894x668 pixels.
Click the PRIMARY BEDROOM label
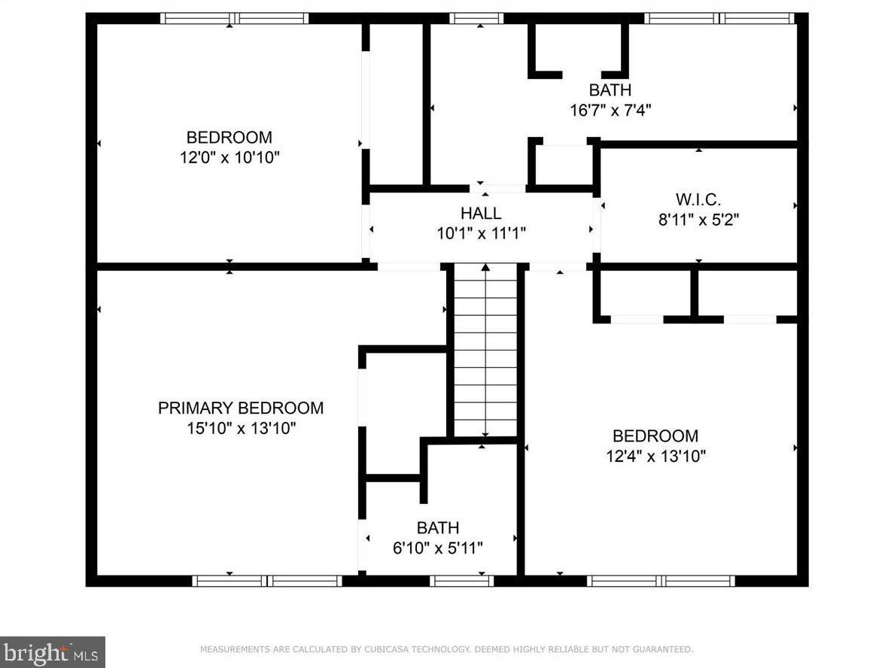pyautogui.click(x=241, y=408)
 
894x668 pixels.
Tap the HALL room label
pyautogui.click(x=481, y=213)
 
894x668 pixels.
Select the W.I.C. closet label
pyautogui.click(x=698, y=199)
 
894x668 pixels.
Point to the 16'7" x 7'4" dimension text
pyautogui.click(x=610, y=110)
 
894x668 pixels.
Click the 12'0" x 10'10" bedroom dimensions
pyautogui.click(x=230, y=157)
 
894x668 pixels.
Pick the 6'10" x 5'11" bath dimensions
pyautogui.click(x=438, y=548)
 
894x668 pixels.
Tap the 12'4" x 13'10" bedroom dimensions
pyautogui.click(x=655, y=456)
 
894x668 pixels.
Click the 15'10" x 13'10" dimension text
pyautogui.click(x=241, y=428)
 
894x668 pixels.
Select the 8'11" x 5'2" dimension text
pyautogui.click(x=698, y=220)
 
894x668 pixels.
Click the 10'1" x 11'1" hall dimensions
pyautogui.click(x=481, y=233)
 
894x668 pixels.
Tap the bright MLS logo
pyautogui.click(x=53, y=652)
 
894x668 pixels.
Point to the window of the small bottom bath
pyautogui.click(x=461, y=581)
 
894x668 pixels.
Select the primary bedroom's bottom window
pyautogui.click(x=267, y=581)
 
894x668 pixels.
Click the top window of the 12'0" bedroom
pyautogui.click(x=234, y=18)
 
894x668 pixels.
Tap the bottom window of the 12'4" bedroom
pyautogui.click(x=661, y=581)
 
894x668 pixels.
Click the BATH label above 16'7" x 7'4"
pyautogui.click(x=610, y=90)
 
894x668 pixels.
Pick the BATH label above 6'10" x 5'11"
pyautogui.click(x=438, y=528)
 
